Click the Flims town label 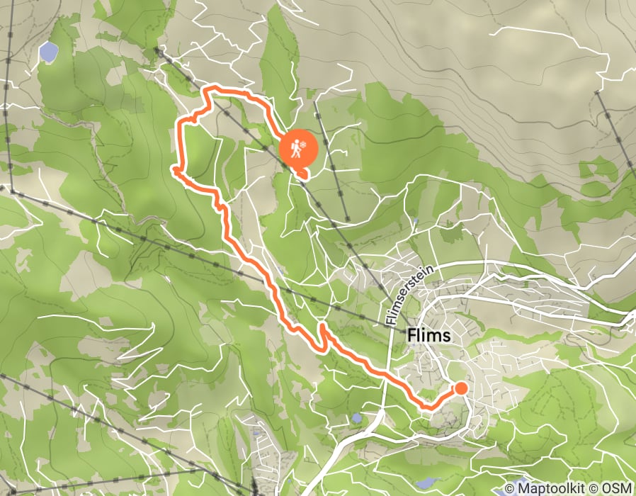tap(428, 335)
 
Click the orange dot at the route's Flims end tap(460, 388)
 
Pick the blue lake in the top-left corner tap(48, 51)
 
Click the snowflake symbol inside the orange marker tap(301, 145)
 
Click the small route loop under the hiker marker tap(303, 172)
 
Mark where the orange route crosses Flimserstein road tap(388, 376)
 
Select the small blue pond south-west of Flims tap(356, 418)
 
